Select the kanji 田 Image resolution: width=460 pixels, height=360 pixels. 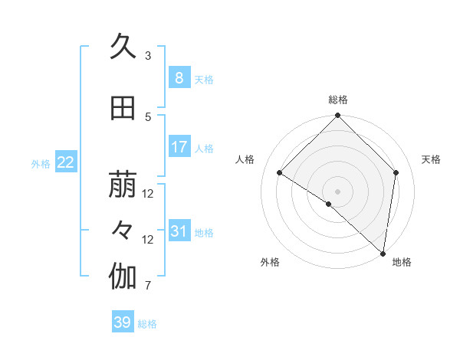click(123, 109)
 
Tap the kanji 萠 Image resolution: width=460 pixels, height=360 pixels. click(123, 185)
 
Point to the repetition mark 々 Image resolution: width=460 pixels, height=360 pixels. click(123, 230)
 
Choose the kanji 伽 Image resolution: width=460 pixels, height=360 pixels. click(123, 277)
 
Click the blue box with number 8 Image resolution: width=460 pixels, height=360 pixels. click(179, 78)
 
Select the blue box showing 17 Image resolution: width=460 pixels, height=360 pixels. click(179, 147)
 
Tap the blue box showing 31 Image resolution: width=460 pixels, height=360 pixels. click(179, 231)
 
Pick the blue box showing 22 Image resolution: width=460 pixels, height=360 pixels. click(65, 162)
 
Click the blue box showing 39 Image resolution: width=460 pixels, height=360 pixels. click(122, 322)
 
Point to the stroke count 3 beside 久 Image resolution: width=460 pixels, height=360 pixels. click(148, 56)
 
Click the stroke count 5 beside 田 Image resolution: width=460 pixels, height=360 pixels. click(148, 117)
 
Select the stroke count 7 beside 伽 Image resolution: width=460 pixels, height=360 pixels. click(148, 286)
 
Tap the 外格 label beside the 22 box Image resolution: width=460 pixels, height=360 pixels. click(41, 163)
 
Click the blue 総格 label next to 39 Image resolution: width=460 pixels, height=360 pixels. click(147, 324)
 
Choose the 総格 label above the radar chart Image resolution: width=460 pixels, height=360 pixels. click(337, 100)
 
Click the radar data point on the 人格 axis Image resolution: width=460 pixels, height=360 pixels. click(280, 173)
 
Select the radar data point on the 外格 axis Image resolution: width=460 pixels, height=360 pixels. click(328, 204)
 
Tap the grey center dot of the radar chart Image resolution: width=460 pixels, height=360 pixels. click(337, 191)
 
